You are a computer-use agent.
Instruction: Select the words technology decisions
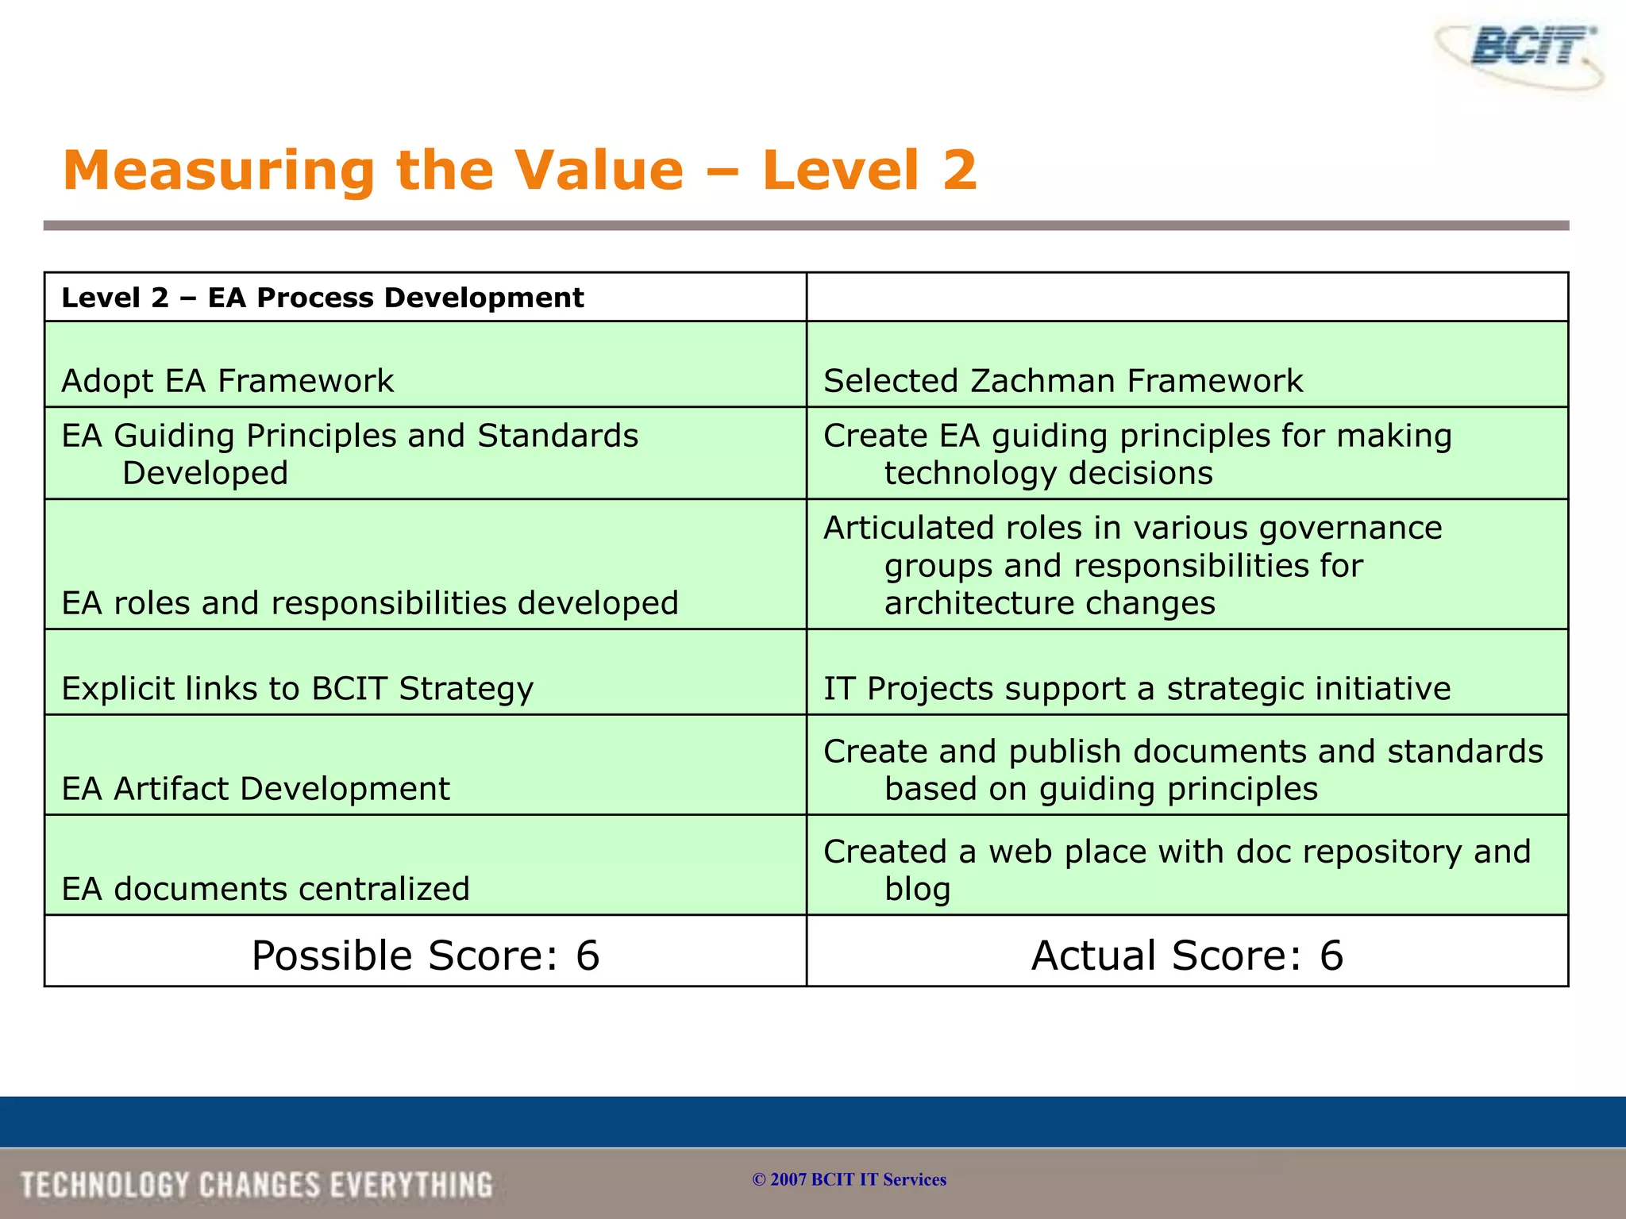click(1048, 473)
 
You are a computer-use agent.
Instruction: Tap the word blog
click(917, 890)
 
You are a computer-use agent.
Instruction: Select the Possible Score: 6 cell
click(426, 955)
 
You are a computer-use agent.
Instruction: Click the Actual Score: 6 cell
click(1187, 955)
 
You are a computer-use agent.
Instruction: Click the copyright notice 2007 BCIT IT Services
click(850, 1179)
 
